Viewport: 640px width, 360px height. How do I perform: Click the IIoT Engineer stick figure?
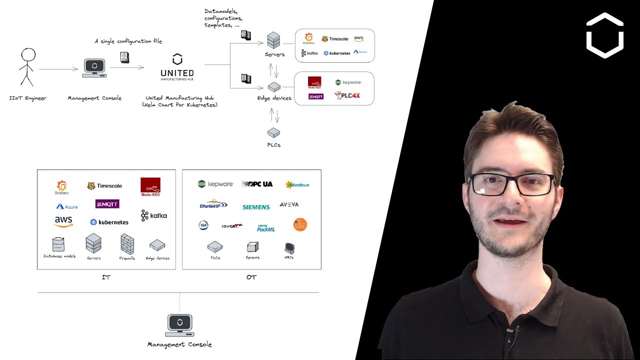point(28,67)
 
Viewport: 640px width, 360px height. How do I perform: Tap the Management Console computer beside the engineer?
point(94,68)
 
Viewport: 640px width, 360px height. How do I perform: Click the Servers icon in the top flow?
point(273,40)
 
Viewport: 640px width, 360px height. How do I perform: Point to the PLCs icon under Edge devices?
point(273,132)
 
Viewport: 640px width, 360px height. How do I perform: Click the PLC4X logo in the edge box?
point(347,95)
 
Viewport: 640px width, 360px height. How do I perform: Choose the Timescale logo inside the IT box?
point(104,186)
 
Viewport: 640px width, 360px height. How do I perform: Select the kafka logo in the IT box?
point(154,215)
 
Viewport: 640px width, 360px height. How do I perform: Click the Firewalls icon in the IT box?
point(127,244)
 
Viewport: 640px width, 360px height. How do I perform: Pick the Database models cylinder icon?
point(58,244)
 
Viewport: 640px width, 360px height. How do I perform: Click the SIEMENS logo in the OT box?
point(256,207)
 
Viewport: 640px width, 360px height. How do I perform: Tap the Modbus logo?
point(297,184)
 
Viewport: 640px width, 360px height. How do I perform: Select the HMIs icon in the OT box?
point(289,247)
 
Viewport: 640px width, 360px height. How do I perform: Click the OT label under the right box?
point(251,277)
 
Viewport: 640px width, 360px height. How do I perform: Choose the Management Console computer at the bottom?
point(179,325)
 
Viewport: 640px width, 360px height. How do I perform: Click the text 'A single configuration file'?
point(128,41)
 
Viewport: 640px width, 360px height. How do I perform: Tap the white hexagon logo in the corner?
point(604,35)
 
